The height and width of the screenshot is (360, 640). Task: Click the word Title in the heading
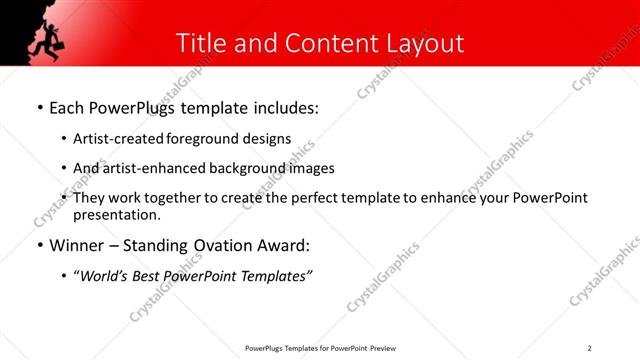[x=200, y=44]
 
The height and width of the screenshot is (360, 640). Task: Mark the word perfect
[x=314, y=198]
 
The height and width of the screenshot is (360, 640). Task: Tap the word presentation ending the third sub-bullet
[x=116, y=214]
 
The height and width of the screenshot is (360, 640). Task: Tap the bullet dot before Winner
[x=39, y=246]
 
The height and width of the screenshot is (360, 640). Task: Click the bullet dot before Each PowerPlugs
[x=39, y=107]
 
